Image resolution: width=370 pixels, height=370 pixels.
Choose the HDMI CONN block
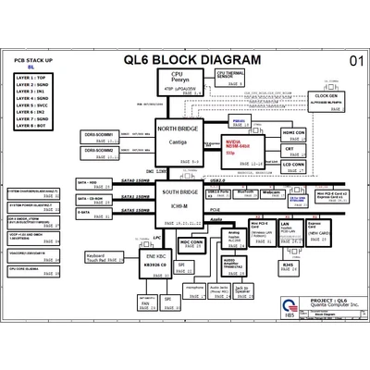tap(294, 135)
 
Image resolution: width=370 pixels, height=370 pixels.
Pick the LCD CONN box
tap(294, 166)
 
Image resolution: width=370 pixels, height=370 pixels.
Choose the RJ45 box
tap(288, 265)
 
